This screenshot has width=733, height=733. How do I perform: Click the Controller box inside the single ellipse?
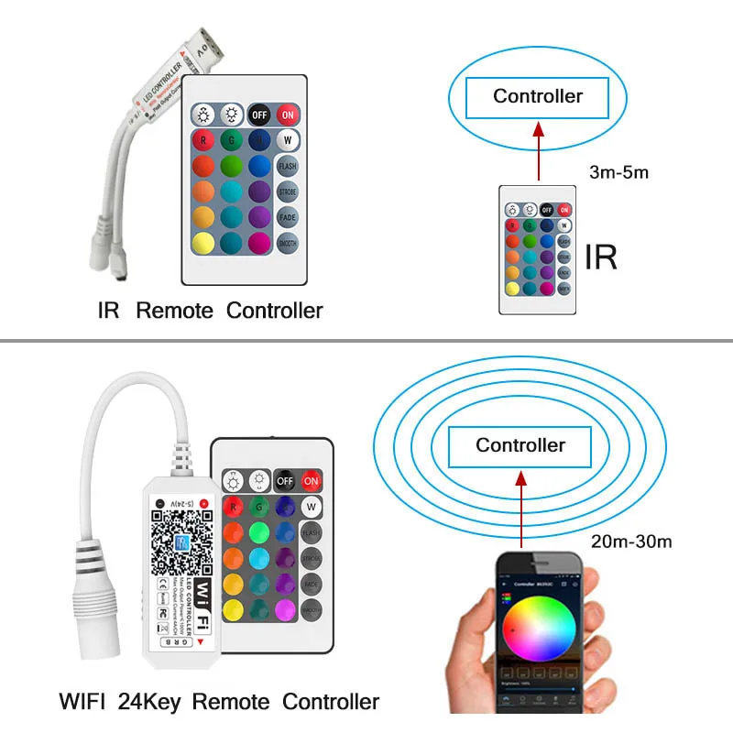(x=537, y=96)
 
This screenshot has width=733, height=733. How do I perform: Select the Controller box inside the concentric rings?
(x=520, y=446)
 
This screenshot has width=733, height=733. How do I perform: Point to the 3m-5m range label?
(x=620, y=171)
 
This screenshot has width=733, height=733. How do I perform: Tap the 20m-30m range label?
(x=631, y=541)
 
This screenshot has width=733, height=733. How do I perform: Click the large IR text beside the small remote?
(x=600, y=257)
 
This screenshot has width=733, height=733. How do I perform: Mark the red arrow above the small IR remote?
(x=538, y=152)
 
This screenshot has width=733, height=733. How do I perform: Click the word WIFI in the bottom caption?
(x=84, y=702)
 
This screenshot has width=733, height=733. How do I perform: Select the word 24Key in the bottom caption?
(x=149, y=702)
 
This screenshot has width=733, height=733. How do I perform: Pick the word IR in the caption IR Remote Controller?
(x=109, y=310)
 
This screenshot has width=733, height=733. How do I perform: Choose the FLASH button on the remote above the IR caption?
(x=287, y=167)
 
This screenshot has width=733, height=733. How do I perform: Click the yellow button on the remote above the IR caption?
(x=204, y=245)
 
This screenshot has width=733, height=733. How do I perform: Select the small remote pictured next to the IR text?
(x=538, y=250)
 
